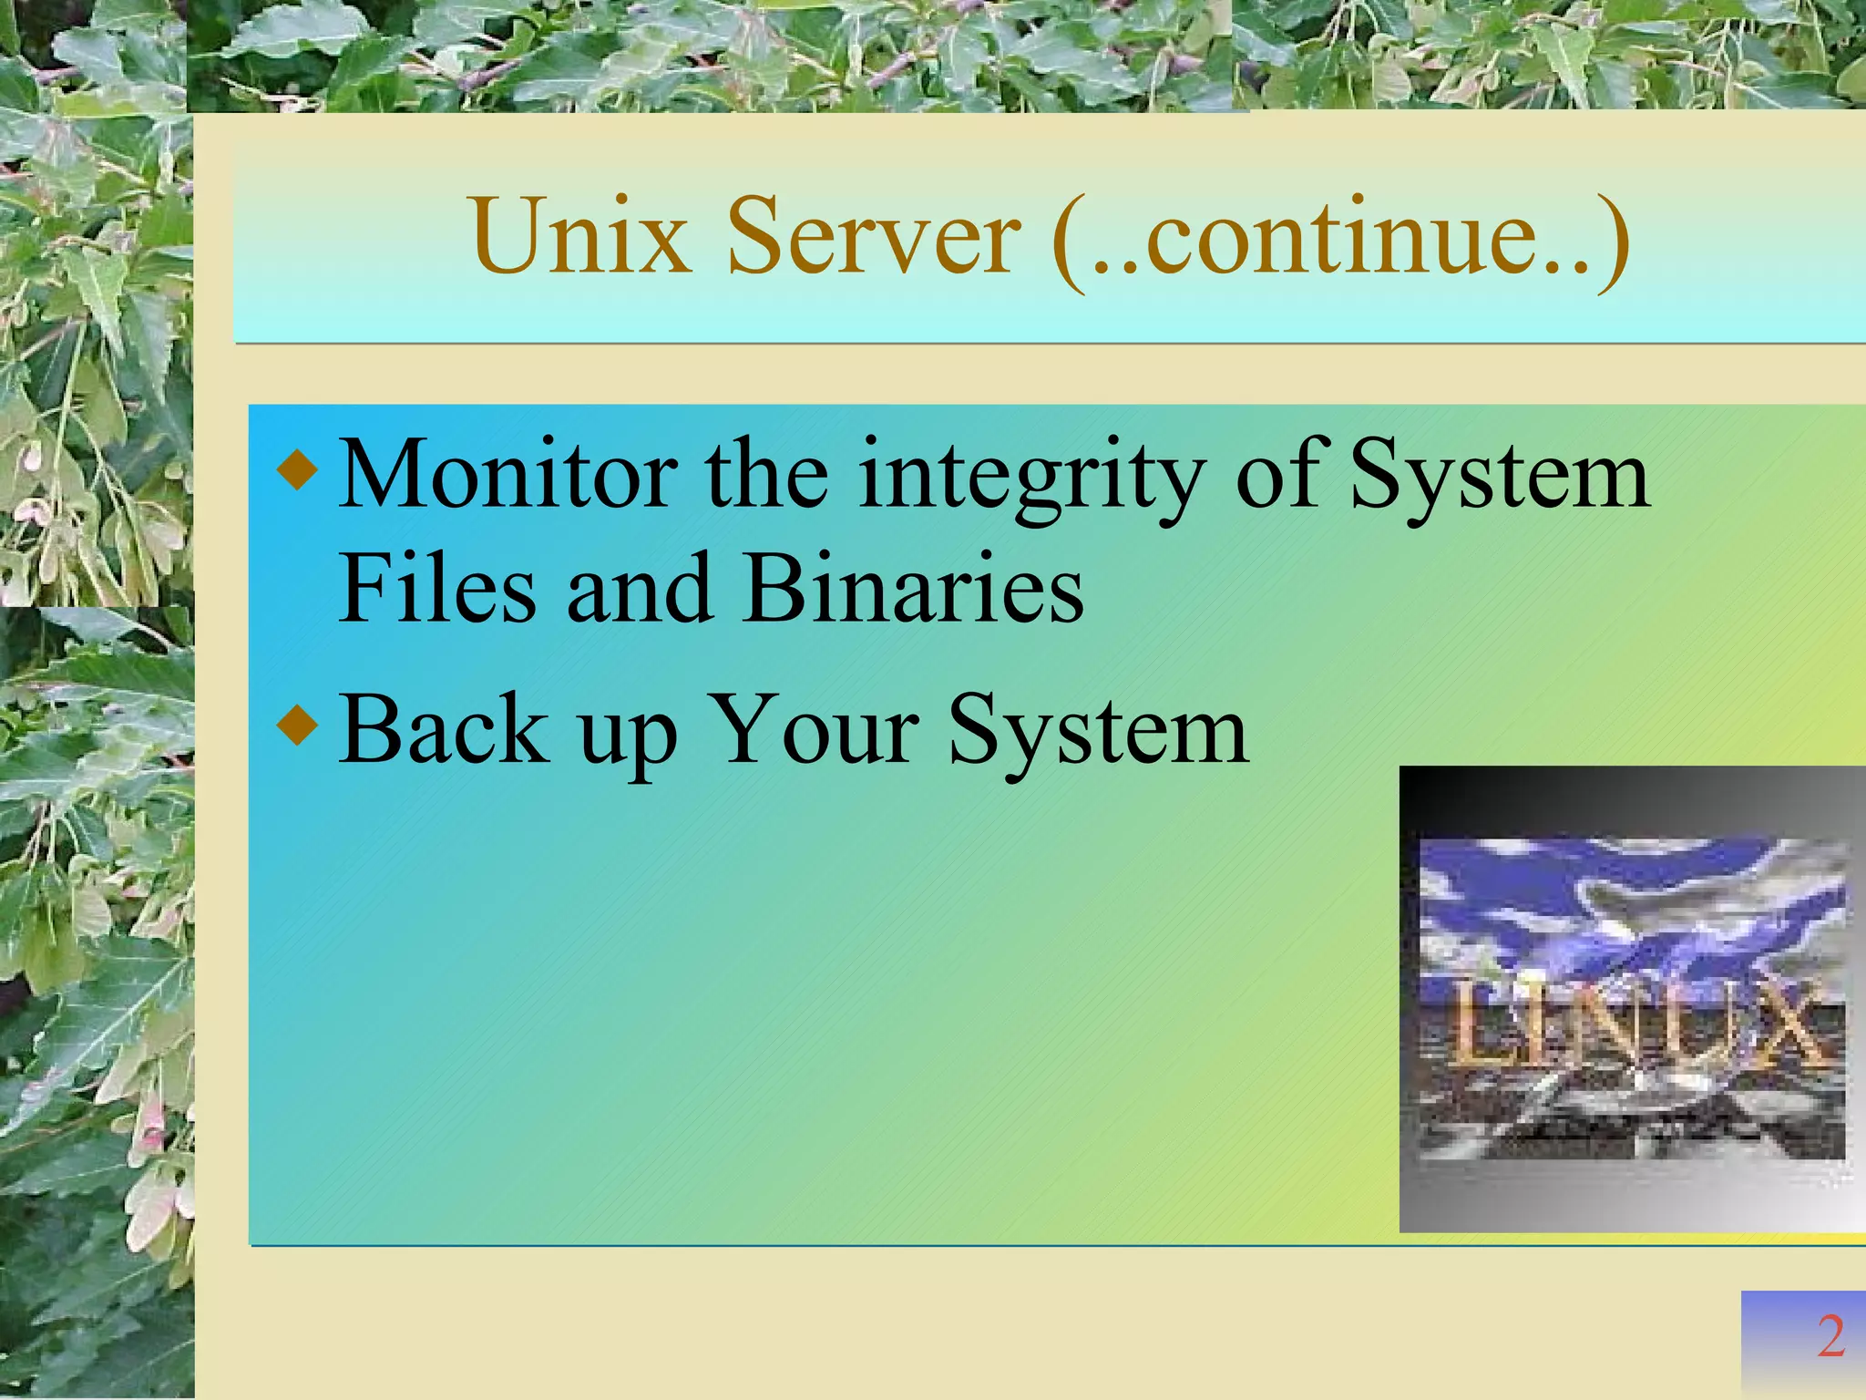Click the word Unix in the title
click(x=579, y=237)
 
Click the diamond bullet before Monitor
click(x=299, y=471)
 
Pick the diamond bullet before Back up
click(x=299, y=726)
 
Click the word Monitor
click(x=508, y=476)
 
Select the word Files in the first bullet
click(x=436, y=590)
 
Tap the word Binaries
click(x=913, y=590)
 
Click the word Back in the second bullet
click(x=444, y=731)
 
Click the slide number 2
click(x=1830, y=1337)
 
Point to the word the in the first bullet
click(x=766, y=476)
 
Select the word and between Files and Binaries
click(x=638, y=590)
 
